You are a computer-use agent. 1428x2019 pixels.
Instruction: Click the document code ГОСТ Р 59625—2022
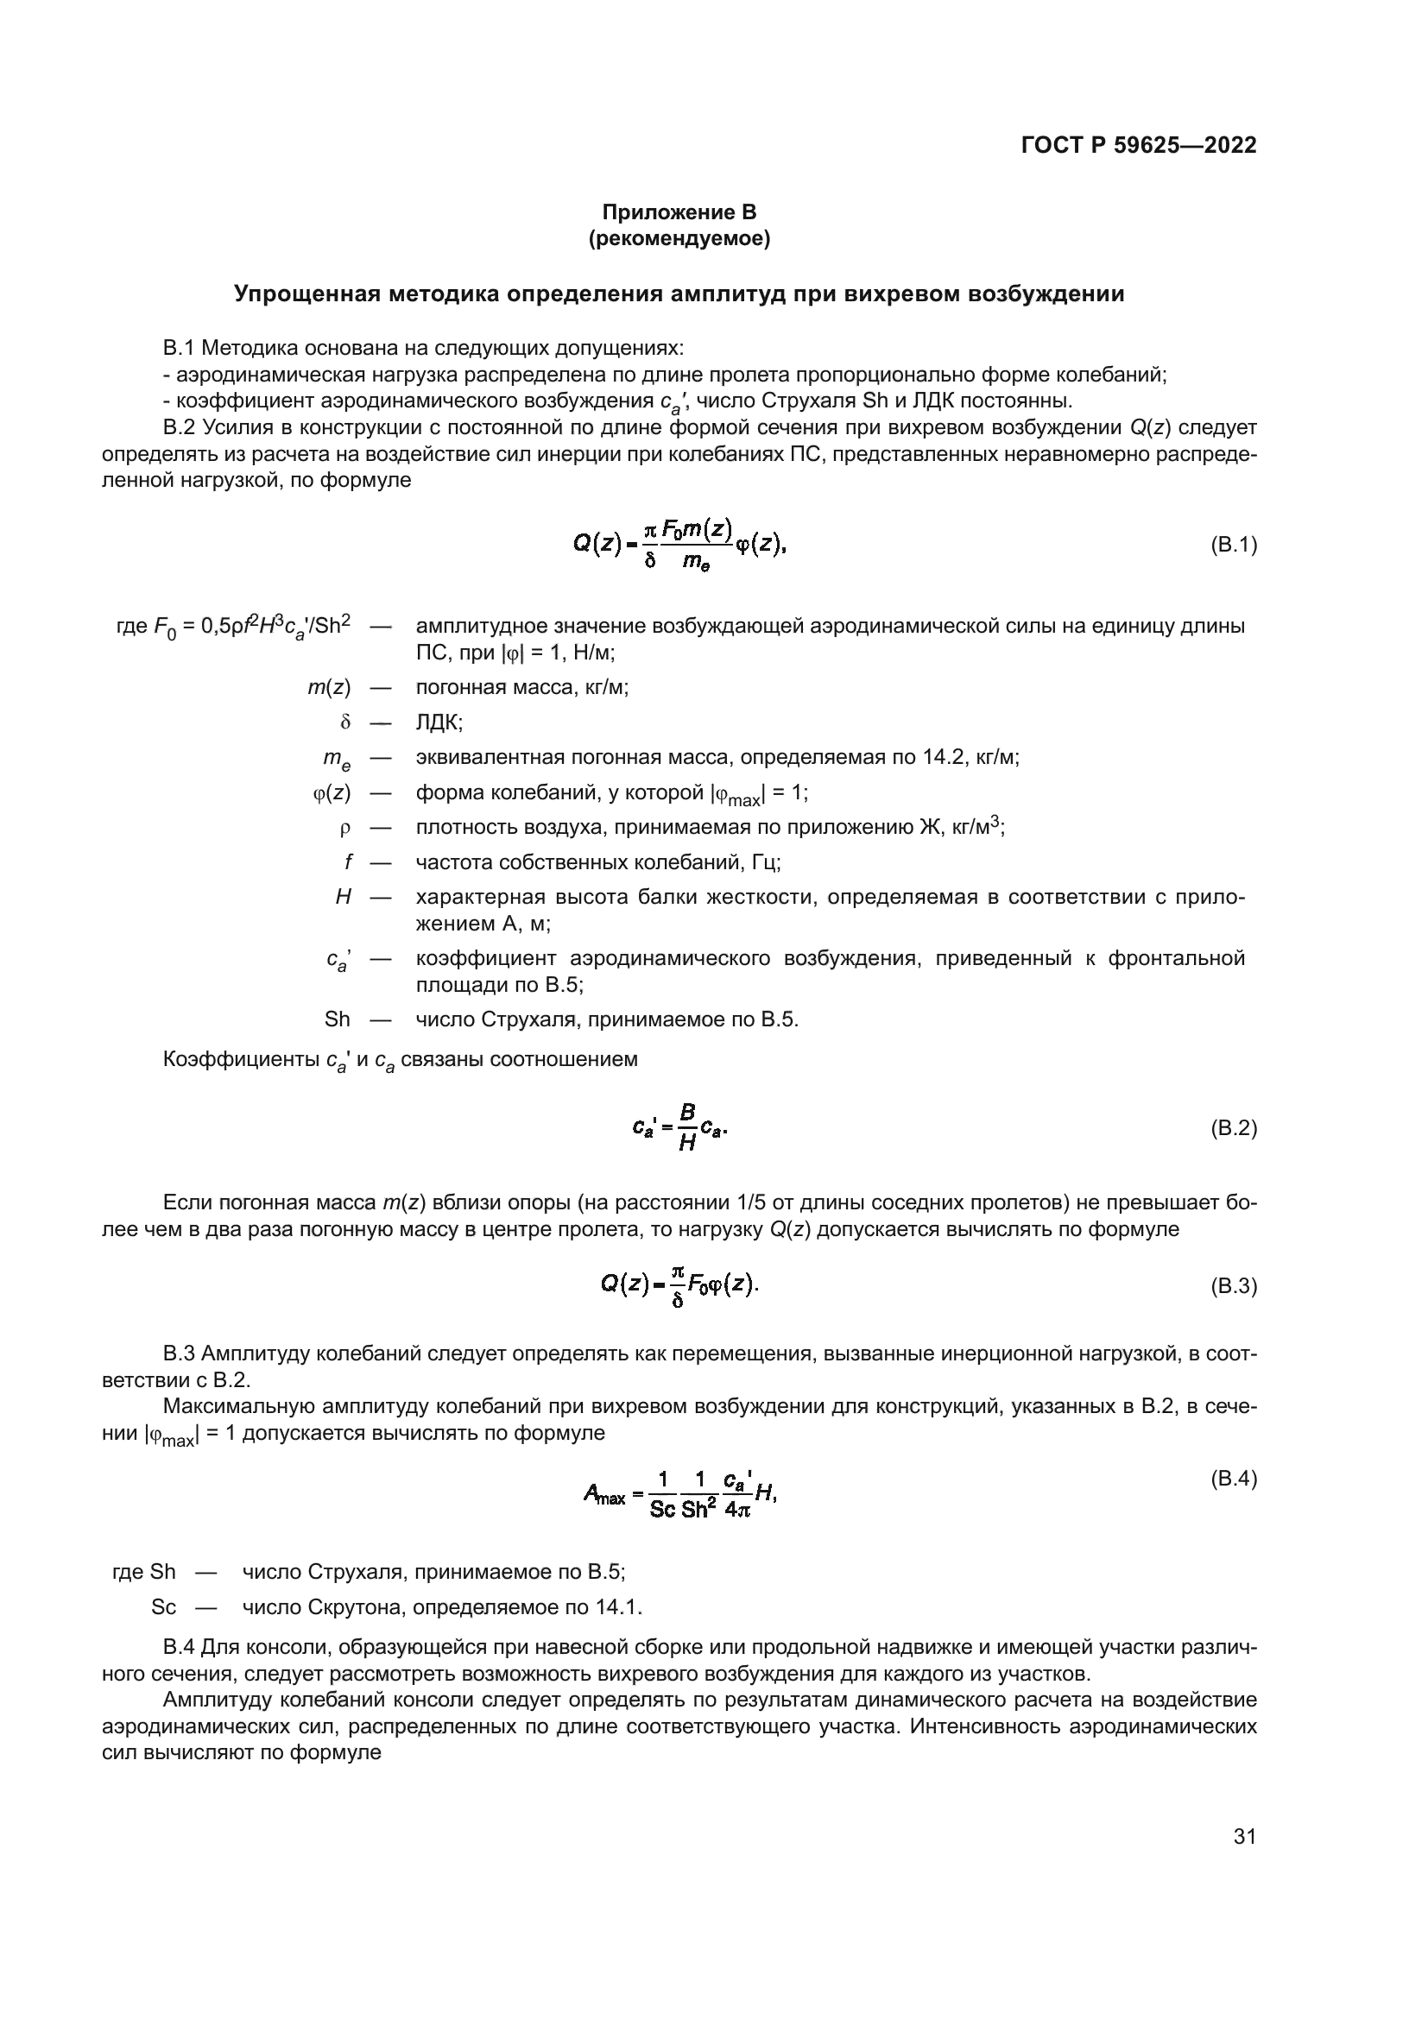1139,145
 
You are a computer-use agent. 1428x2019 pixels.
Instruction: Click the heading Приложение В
679,212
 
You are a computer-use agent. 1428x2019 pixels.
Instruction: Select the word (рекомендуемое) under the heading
679,239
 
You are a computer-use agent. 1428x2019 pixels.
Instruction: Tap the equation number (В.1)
1234,546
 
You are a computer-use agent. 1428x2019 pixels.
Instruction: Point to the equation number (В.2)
1234,1128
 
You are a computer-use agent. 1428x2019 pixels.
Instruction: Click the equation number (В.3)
1234,1286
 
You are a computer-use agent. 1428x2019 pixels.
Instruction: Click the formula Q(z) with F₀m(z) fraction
679,546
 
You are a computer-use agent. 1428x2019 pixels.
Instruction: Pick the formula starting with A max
679,1495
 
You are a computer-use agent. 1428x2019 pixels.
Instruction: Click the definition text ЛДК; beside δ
439,722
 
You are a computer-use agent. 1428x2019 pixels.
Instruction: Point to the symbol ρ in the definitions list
344,828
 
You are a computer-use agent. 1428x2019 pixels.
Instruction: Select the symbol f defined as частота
347,861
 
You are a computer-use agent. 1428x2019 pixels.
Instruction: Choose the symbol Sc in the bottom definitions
163,1607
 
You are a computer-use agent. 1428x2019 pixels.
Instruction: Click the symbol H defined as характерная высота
344,898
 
